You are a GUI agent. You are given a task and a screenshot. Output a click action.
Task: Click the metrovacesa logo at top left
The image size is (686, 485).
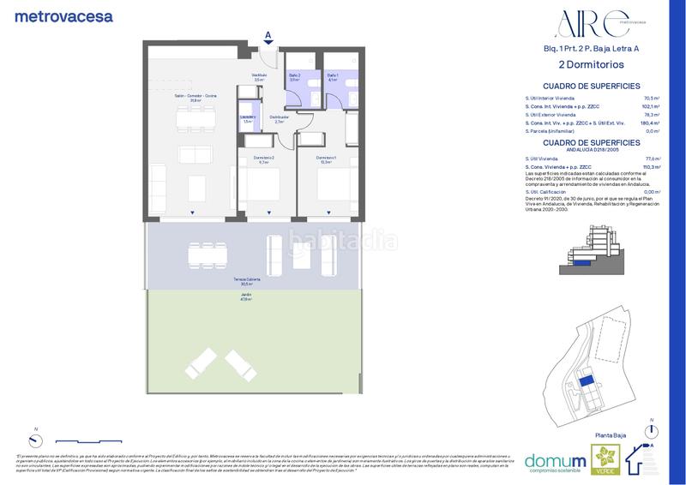click(63, 15)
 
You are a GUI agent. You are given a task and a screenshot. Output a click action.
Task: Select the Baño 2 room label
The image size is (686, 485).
click(294, 78)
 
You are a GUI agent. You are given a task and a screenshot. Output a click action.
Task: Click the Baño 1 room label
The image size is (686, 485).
click(333, 78)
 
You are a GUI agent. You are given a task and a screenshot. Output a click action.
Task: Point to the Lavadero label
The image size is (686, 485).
click(248, 119)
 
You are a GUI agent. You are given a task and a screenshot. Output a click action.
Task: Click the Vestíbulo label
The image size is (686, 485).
click(259, 77)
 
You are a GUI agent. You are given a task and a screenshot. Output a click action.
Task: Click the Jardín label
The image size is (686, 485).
click(247, 296)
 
